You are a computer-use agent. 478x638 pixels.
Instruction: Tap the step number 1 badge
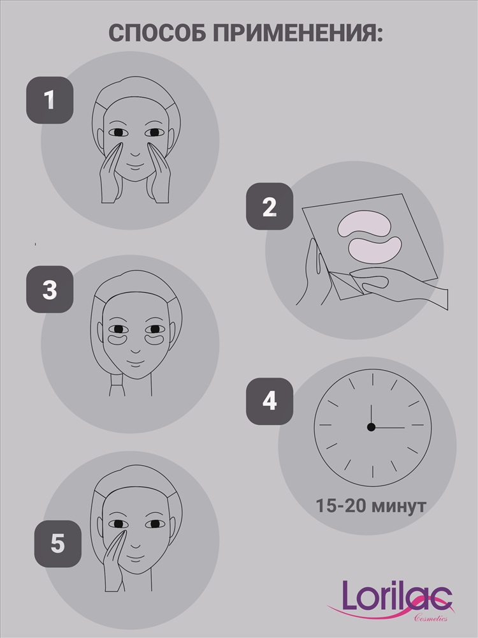(x=50, y=100)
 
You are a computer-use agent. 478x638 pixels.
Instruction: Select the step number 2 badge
(x=270, y=206)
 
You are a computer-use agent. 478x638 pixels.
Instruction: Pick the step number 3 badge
(x=50, y=289)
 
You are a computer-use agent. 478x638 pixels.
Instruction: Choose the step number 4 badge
(x=270, y=401)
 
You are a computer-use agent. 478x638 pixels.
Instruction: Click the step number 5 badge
(x=58, y=544)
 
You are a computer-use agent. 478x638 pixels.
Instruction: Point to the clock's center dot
(x=371, y=427)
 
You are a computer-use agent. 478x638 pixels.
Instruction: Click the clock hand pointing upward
(x=371, y=416)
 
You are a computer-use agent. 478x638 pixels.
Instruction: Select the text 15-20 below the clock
(x=340, y=506)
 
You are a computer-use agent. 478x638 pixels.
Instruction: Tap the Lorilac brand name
(x=396, y=596)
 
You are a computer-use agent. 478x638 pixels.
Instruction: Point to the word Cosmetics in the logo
(x=431, y=618)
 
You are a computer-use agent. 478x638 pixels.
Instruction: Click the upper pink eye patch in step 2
(x=364, y=223)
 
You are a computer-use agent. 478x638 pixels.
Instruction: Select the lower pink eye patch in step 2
(x=375, y=249)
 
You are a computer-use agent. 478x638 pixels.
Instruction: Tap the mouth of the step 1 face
(x=135, y=167)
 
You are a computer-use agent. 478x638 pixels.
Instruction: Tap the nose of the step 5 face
(x=135, y=545)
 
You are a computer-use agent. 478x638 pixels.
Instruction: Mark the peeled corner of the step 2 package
(x=345, y=285)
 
